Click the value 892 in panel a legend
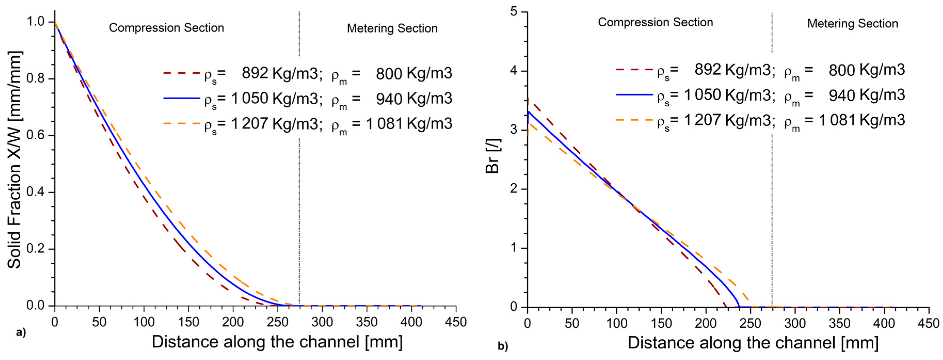tap(255, 73)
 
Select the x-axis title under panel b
tap(753, 343)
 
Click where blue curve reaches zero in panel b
tap(739, 307)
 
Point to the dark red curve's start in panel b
tap(528, 99)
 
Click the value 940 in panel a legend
tap(389, 99)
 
